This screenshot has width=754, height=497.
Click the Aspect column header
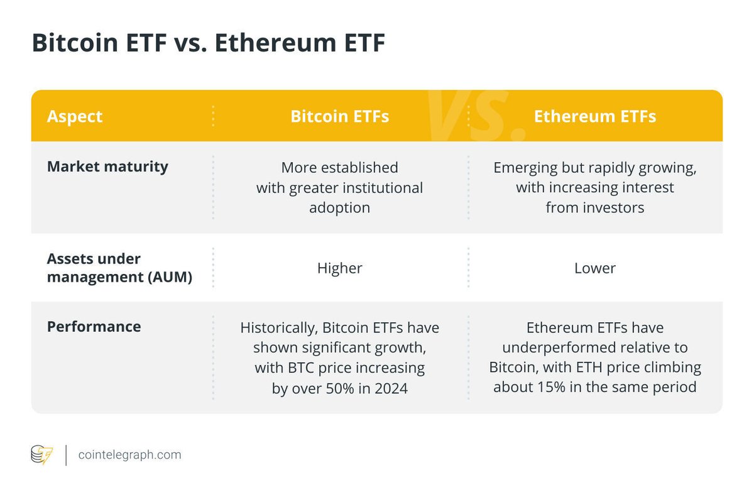[75, 116]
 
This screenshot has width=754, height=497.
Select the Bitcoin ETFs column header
[339, 116]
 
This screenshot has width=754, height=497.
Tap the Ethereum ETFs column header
[594, 116]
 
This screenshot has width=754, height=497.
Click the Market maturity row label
[107, 167]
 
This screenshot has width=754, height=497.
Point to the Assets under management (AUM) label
[119, 268]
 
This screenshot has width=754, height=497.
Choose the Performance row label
[94, 327]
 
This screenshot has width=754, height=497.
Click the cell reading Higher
[339, 268]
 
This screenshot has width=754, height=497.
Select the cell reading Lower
[594, 268]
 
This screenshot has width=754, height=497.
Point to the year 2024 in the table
[390, 389]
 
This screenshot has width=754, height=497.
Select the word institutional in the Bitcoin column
[384, 188]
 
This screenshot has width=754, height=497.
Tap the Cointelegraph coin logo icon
[42, 454]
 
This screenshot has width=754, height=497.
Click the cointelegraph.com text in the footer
[130, 454]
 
